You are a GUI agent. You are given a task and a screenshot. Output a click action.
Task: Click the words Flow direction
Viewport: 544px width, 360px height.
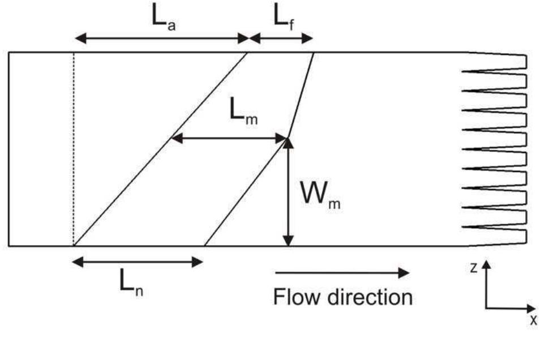[x=342, y=297]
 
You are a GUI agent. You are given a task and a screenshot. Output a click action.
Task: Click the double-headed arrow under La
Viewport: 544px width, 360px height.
[x=162, y=38]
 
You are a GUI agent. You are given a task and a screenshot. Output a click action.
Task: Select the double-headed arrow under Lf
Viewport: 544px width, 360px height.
[x=281, y=38]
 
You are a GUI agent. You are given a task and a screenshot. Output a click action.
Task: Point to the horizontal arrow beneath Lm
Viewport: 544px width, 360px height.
[x=229, y=138]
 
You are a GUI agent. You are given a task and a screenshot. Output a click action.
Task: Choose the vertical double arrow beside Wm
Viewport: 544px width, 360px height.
[x=289, y=192]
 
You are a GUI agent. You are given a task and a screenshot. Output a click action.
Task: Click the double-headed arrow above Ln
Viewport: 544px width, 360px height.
[x=138, y=262]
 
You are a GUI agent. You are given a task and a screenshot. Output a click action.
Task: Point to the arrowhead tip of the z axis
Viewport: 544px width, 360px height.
[x=486, y=261]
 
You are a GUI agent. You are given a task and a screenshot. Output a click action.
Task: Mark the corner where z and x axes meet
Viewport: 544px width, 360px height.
[x=486, y=308]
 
